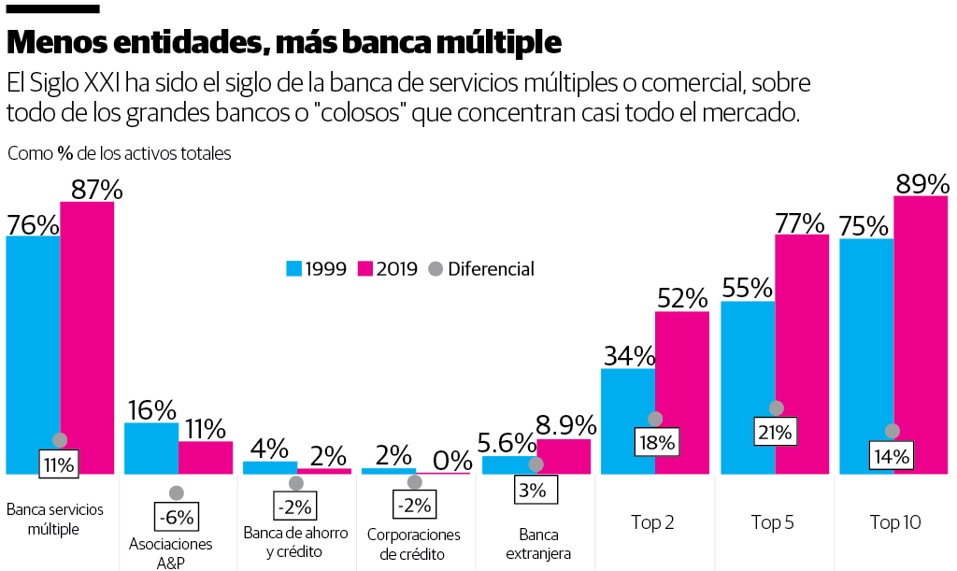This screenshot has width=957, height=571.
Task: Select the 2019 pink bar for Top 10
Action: [x=921, y=336]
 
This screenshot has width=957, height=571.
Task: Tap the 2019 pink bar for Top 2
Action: [x=682, y=393]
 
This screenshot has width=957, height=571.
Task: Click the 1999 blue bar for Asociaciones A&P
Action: [x=151, y=449]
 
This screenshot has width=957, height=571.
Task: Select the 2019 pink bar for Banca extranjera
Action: [x=564, y=456]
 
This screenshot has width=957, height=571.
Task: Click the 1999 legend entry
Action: [x=316, y=269]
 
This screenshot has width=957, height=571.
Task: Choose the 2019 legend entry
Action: [x=388, y=269]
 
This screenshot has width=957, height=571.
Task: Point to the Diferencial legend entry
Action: [x=480, y=269]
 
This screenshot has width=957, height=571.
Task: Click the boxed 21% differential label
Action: [x=776, y=433]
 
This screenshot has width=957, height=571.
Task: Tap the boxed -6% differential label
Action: [x=176, y=517]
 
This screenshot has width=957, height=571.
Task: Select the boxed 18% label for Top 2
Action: [x=655, y=442]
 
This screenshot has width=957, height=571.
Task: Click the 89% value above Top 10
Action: [x=921, y=184]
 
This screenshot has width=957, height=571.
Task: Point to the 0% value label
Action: [x=452, y=460]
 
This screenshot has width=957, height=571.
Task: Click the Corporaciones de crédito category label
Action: [x=414, y=544]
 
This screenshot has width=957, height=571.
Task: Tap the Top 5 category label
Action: [x=773, y=522]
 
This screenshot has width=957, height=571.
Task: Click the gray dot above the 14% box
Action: [x=893, y=431]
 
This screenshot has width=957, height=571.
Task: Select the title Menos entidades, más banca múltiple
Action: [x=284, y=42]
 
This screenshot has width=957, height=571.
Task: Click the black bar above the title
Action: [x=52, y=8]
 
